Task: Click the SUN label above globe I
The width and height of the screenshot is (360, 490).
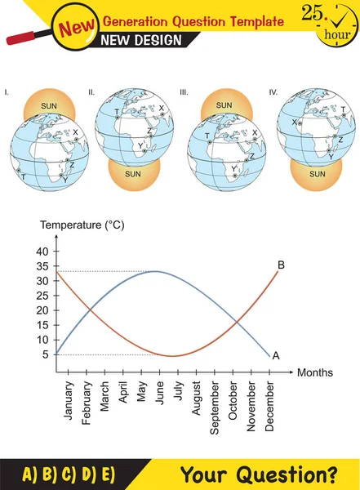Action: [49, 106]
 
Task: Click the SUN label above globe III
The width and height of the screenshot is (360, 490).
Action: [223, 105]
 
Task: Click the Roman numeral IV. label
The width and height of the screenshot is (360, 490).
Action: [273, 93]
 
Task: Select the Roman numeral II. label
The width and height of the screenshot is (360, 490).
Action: [91, 93]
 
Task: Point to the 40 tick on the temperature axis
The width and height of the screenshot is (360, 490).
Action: [43, 252]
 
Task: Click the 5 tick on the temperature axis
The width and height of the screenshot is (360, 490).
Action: [46, 354]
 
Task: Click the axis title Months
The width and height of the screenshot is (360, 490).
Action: [314, 372]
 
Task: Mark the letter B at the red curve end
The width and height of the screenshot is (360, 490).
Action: [280, 265]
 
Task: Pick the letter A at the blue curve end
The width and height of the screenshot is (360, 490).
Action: [276, 355]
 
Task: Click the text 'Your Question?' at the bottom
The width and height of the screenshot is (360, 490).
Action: [258, 474]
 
